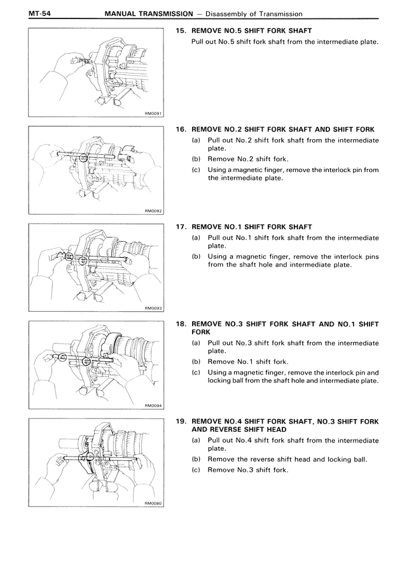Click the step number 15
coord(180,30)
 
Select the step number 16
coord(180,129)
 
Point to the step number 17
coord(180,227)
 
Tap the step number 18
coord(180,324)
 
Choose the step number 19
coord(180,421)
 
